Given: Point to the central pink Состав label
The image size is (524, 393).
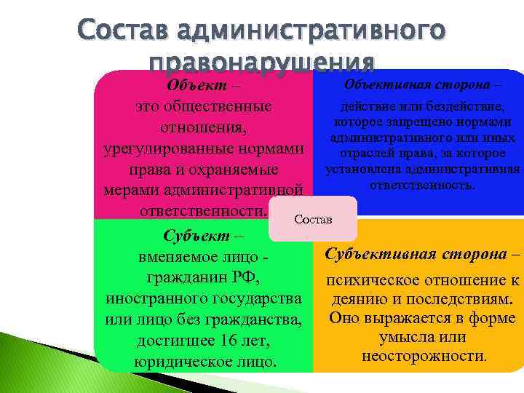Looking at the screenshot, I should click(313, 219).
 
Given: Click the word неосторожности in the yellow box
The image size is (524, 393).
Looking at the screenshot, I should click(422, 356).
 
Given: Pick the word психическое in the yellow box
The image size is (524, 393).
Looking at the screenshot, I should click(372, 280).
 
